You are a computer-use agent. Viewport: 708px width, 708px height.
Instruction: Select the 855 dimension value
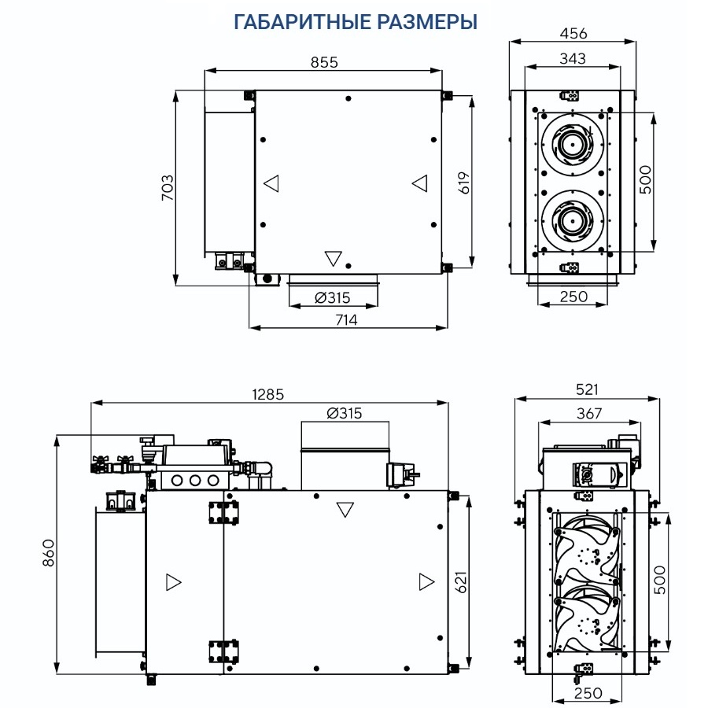click(x=323, y=63)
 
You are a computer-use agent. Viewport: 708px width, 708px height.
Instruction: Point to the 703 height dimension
click(x=168, y=188)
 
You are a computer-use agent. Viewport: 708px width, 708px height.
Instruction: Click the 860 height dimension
click(x=47, y=554)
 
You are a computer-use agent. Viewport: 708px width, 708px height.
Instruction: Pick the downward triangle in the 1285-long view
click(x=345, y=510)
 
